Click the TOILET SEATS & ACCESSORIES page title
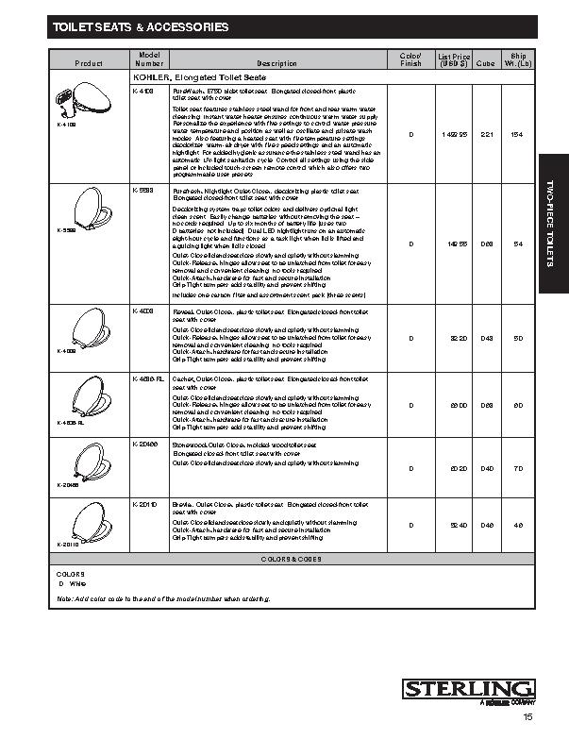tap(141, 27)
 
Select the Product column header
tap(90, 63)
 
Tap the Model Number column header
tap(150, 59)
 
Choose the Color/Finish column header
tap(410, 59)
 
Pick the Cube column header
tap(486, 63)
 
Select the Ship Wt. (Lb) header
tap(517, 59)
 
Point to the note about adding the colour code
tap(163, 599)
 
